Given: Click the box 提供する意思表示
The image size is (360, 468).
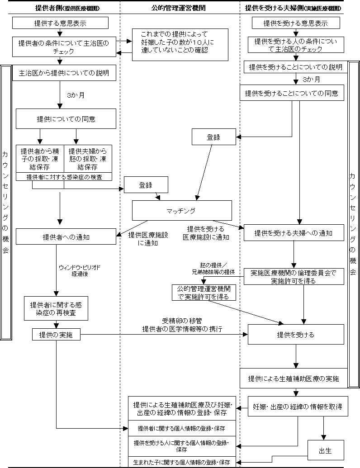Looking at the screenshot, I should pos(60,23).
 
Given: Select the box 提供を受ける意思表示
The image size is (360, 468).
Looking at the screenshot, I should pos(296,23).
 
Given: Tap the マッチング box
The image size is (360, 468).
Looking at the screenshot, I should pos(182,211).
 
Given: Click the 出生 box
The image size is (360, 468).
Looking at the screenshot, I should pos(326,450).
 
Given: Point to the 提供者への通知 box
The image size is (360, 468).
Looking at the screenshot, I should pos(66,236).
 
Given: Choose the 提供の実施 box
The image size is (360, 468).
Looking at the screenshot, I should pos(56,335).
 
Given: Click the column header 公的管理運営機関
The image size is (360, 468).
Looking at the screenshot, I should pos(180,7).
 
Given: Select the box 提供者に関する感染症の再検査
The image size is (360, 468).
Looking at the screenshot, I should pos(56,308).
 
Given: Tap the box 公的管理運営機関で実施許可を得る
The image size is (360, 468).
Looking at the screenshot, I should pos(204,293).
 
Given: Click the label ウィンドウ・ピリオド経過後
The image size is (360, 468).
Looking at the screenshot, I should pos(80,270).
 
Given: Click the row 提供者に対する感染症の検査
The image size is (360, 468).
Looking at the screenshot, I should pos(64,177).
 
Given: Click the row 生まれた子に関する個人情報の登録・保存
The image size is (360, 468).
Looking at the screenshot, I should pos(182,463).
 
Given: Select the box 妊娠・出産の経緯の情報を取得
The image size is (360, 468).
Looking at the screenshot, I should pos(297,407).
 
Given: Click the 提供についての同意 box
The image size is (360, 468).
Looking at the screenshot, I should pos(66,120).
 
